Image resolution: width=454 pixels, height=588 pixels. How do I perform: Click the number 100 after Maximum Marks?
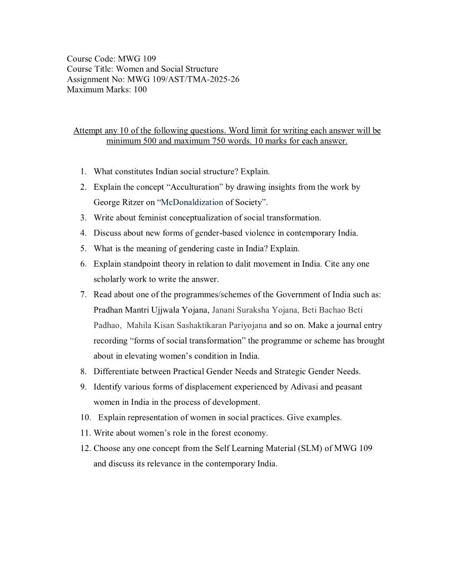(140, 89)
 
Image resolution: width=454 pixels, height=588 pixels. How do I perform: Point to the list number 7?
(83, 294)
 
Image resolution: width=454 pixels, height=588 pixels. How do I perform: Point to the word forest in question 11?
(206, 433)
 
